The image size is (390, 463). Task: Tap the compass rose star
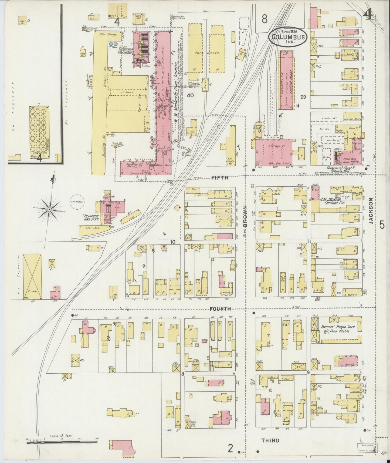[50, 209]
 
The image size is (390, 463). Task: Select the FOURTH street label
[221, 308]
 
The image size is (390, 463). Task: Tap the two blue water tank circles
[113, 43]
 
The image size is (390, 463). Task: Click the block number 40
[191, 95]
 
